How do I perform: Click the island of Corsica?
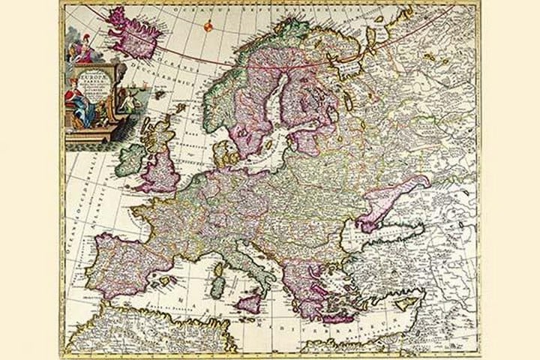coord(219,264)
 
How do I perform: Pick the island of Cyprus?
coord(405,303)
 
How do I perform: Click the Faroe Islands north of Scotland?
coord(179,108)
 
